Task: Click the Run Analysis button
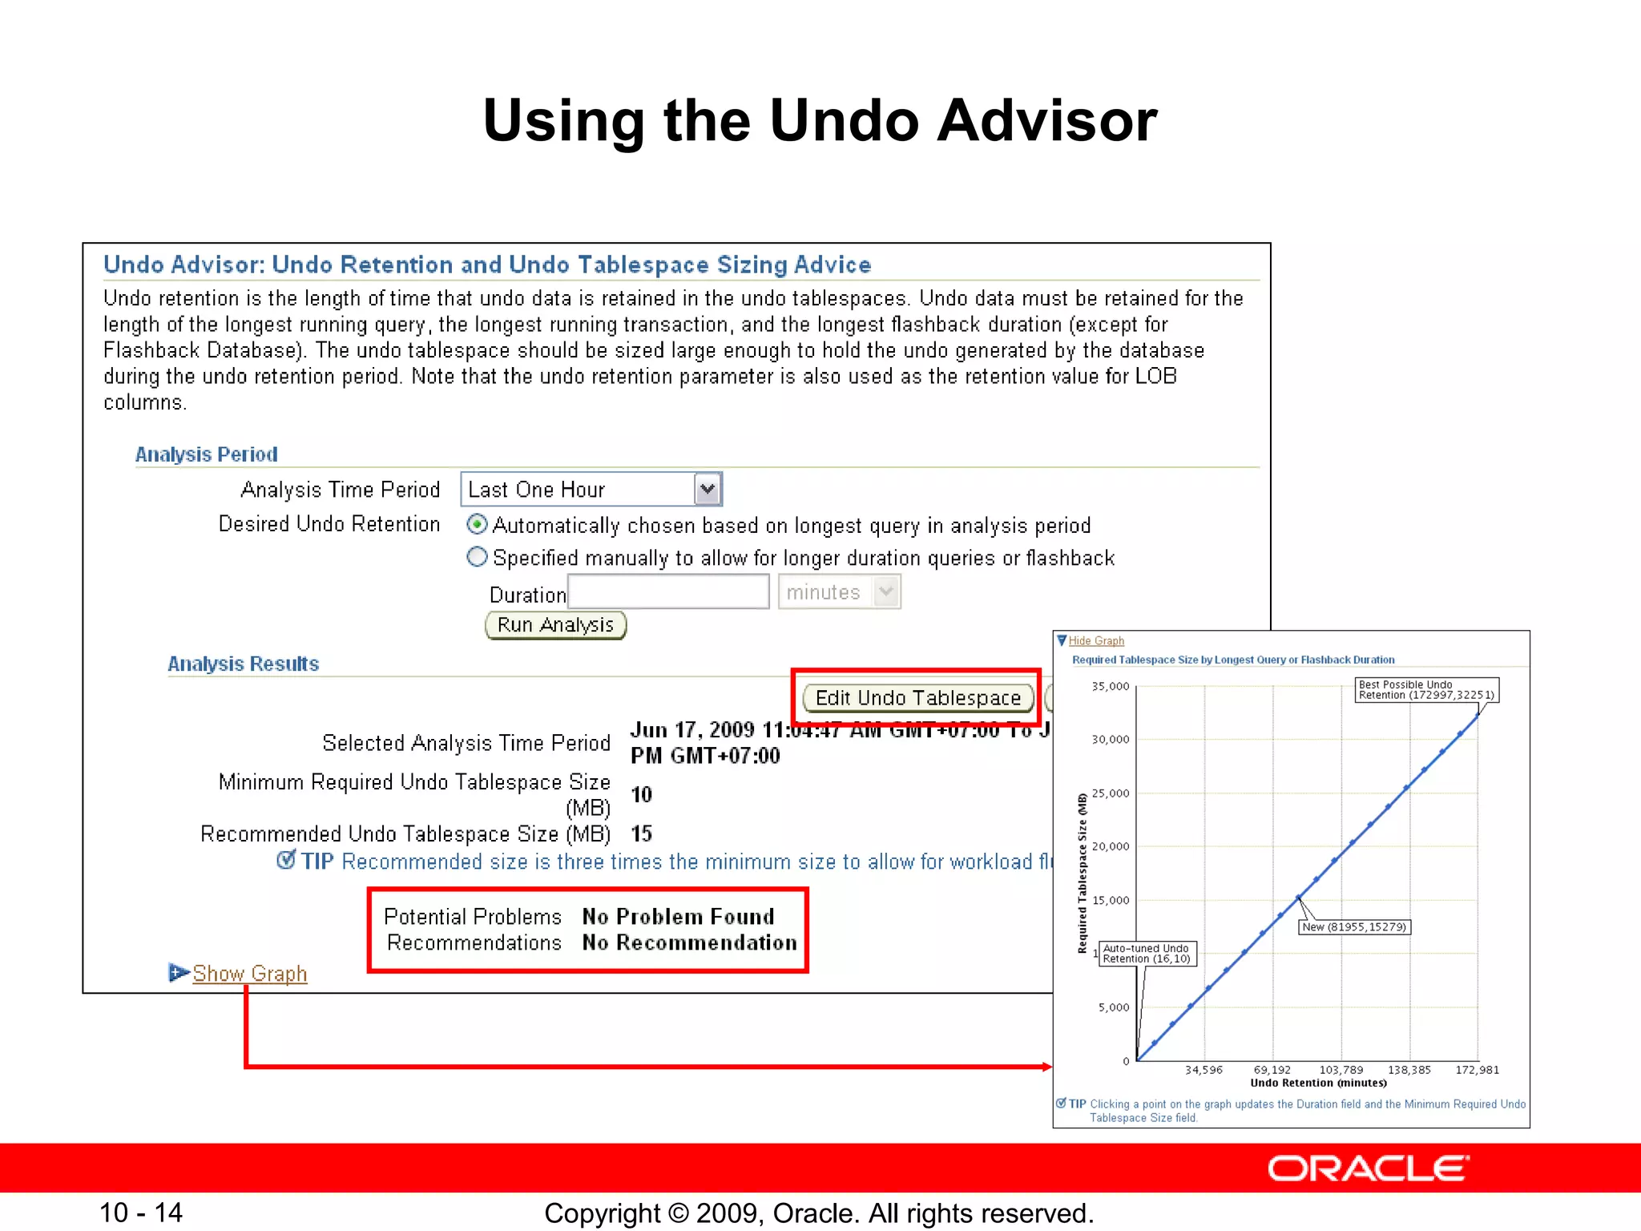(x=555, y=625)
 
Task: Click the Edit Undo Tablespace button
(x=917, y=698)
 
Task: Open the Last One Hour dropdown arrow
(x=707, y=489)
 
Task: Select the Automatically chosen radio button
(x=477, y=525)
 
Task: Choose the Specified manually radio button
(x=477, y=557)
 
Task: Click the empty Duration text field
(x=668, y=592)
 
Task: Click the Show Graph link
(x=249, y=973)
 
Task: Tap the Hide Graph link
(x=1095, y=641)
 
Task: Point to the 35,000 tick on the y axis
(x=1111, y=687)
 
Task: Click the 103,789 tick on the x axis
(x=1341, y=1070)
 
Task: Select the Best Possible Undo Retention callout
(x=1426, y=690)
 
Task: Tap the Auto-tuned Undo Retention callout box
(x=1147, y=954)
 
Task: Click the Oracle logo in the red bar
(x=1368, y=1168)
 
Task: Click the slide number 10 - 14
(x=141, y=1213)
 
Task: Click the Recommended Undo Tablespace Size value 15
(x=641, y=834)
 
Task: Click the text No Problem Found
(x=678, y=917)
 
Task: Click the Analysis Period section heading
(x=206, y=454)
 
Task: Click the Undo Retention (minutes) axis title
(x=1318, y=1084)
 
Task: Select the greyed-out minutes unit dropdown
(x=839, y=592)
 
